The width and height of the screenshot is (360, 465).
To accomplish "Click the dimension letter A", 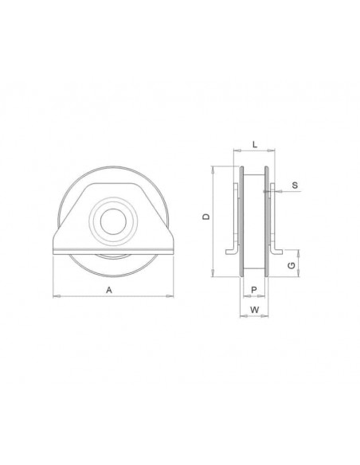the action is point(109,290).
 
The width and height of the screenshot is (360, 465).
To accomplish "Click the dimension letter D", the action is point(206,217).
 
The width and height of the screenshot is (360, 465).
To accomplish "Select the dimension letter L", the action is point(255,145).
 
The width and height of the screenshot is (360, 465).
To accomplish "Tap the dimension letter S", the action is point(295,186).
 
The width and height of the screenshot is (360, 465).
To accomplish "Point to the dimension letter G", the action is point(292,265).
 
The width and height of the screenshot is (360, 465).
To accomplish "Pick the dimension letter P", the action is point(254,290).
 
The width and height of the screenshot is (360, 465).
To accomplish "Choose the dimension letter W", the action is point(254,310).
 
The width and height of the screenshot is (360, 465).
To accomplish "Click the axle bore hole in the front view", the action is point(113,221).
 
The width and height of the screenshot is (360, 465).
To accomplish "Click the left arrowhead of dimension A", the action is point(57,296).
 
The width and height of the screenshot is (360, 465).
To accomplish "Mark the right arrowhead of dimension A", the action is point(170,296).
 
